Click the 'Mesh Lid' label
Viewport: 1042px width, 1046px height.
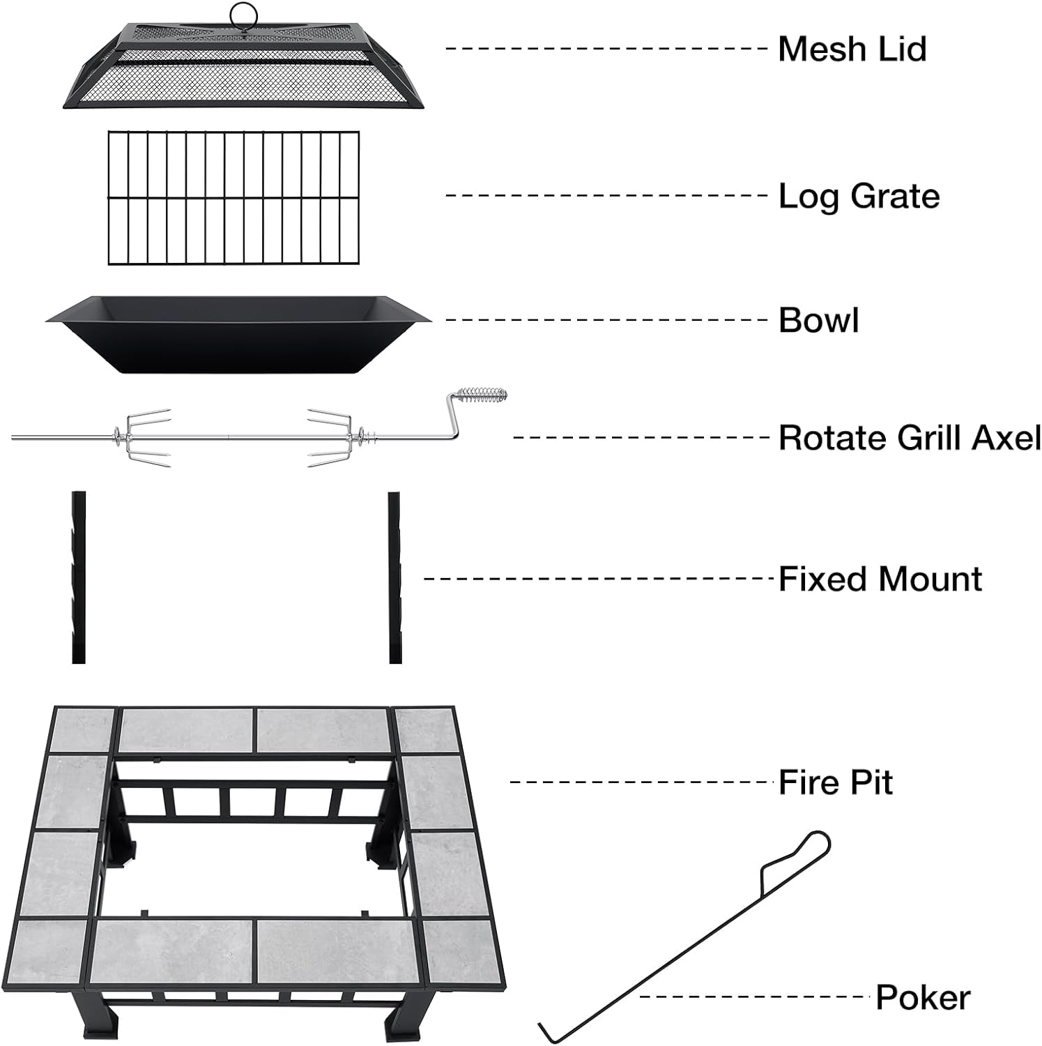(x=852, y=49)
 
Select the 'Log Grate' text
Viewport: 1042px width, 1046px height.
(x=859, y=196)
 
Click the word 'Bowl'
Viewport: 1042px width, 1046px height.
(x=818, y=320)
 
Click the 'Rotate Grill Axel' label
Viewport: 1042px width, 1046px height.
(x=909, y=438)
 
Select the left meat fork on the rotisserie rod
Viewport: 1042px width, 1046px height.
(x=143, y=438)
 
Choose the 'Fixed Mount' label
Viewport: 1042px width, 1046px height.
(x=880, y=579)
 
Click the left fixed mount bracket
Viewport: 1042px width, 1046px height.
(x=78, y=577)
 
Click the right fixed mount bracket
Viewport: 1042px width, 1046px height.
(x=394, y=577)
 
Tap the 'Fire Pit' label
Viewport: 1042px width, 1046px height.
(x=835, y=782)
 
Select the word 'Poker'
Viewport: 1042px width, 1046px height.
(x=922, y=997)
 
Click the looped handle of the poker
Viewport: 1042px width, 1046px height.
(x=809, y=851)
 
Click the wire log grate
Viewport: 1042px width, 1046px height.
(x=234, y=198)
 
